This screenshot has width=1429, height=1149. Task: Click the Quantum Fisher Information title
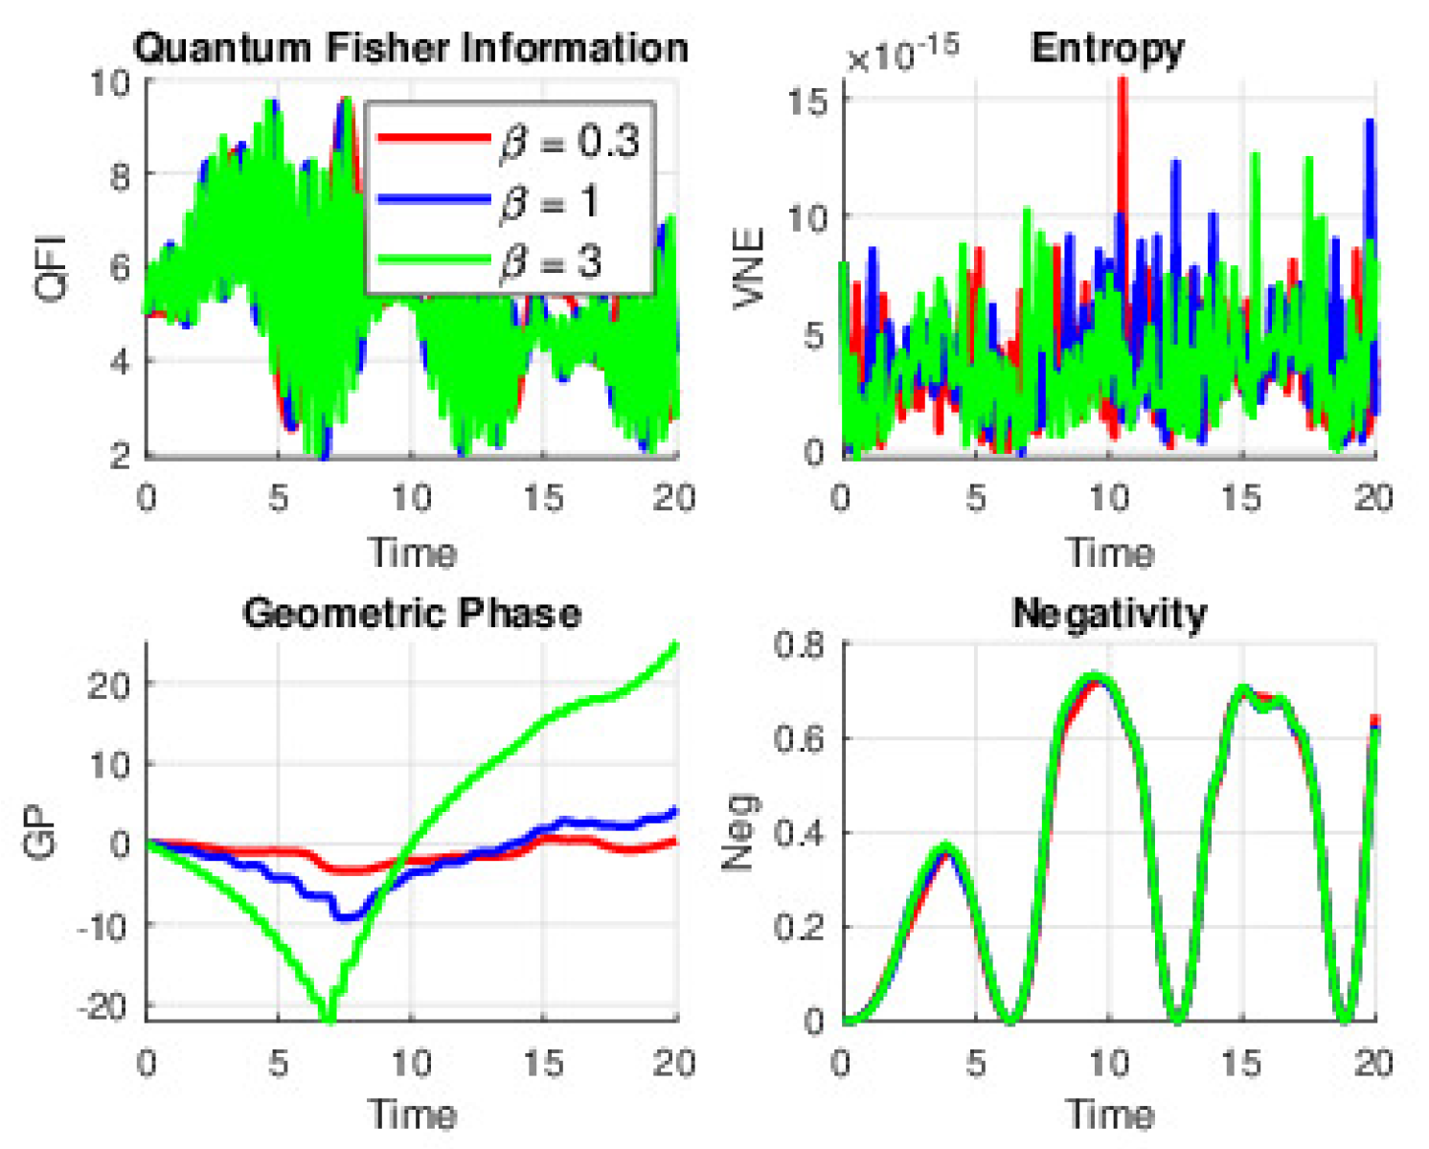(x=411, y=48)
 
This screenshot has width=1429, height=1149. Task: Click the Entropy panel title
(x=1107, y=48)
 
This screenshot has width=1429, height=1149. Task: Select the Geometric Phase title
(x=412, y=613)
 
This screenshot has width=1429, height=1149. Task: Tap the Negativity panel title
(x=1109, y=613)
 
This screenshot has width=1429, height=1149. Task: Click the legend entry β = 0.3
(x=569, y=142)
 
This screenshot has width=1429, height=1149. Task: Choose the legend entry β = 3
(x=550, y=261)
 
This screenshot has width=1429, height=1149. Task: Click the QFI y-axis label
(x=50, y=267)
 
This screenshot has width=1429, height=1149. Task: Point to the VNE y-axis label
(x=748, y=267)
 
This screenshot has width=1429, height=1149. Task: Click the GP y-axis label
(x=44, y=831)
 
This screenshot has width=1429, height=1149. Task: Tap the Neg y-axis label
(x=740, y=831)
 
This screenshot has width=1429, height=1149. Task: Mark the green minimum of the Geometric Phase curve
(x=329, y=1017)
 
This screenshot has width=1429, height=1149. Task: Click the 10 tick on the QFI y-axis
(x=110, y=82)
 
